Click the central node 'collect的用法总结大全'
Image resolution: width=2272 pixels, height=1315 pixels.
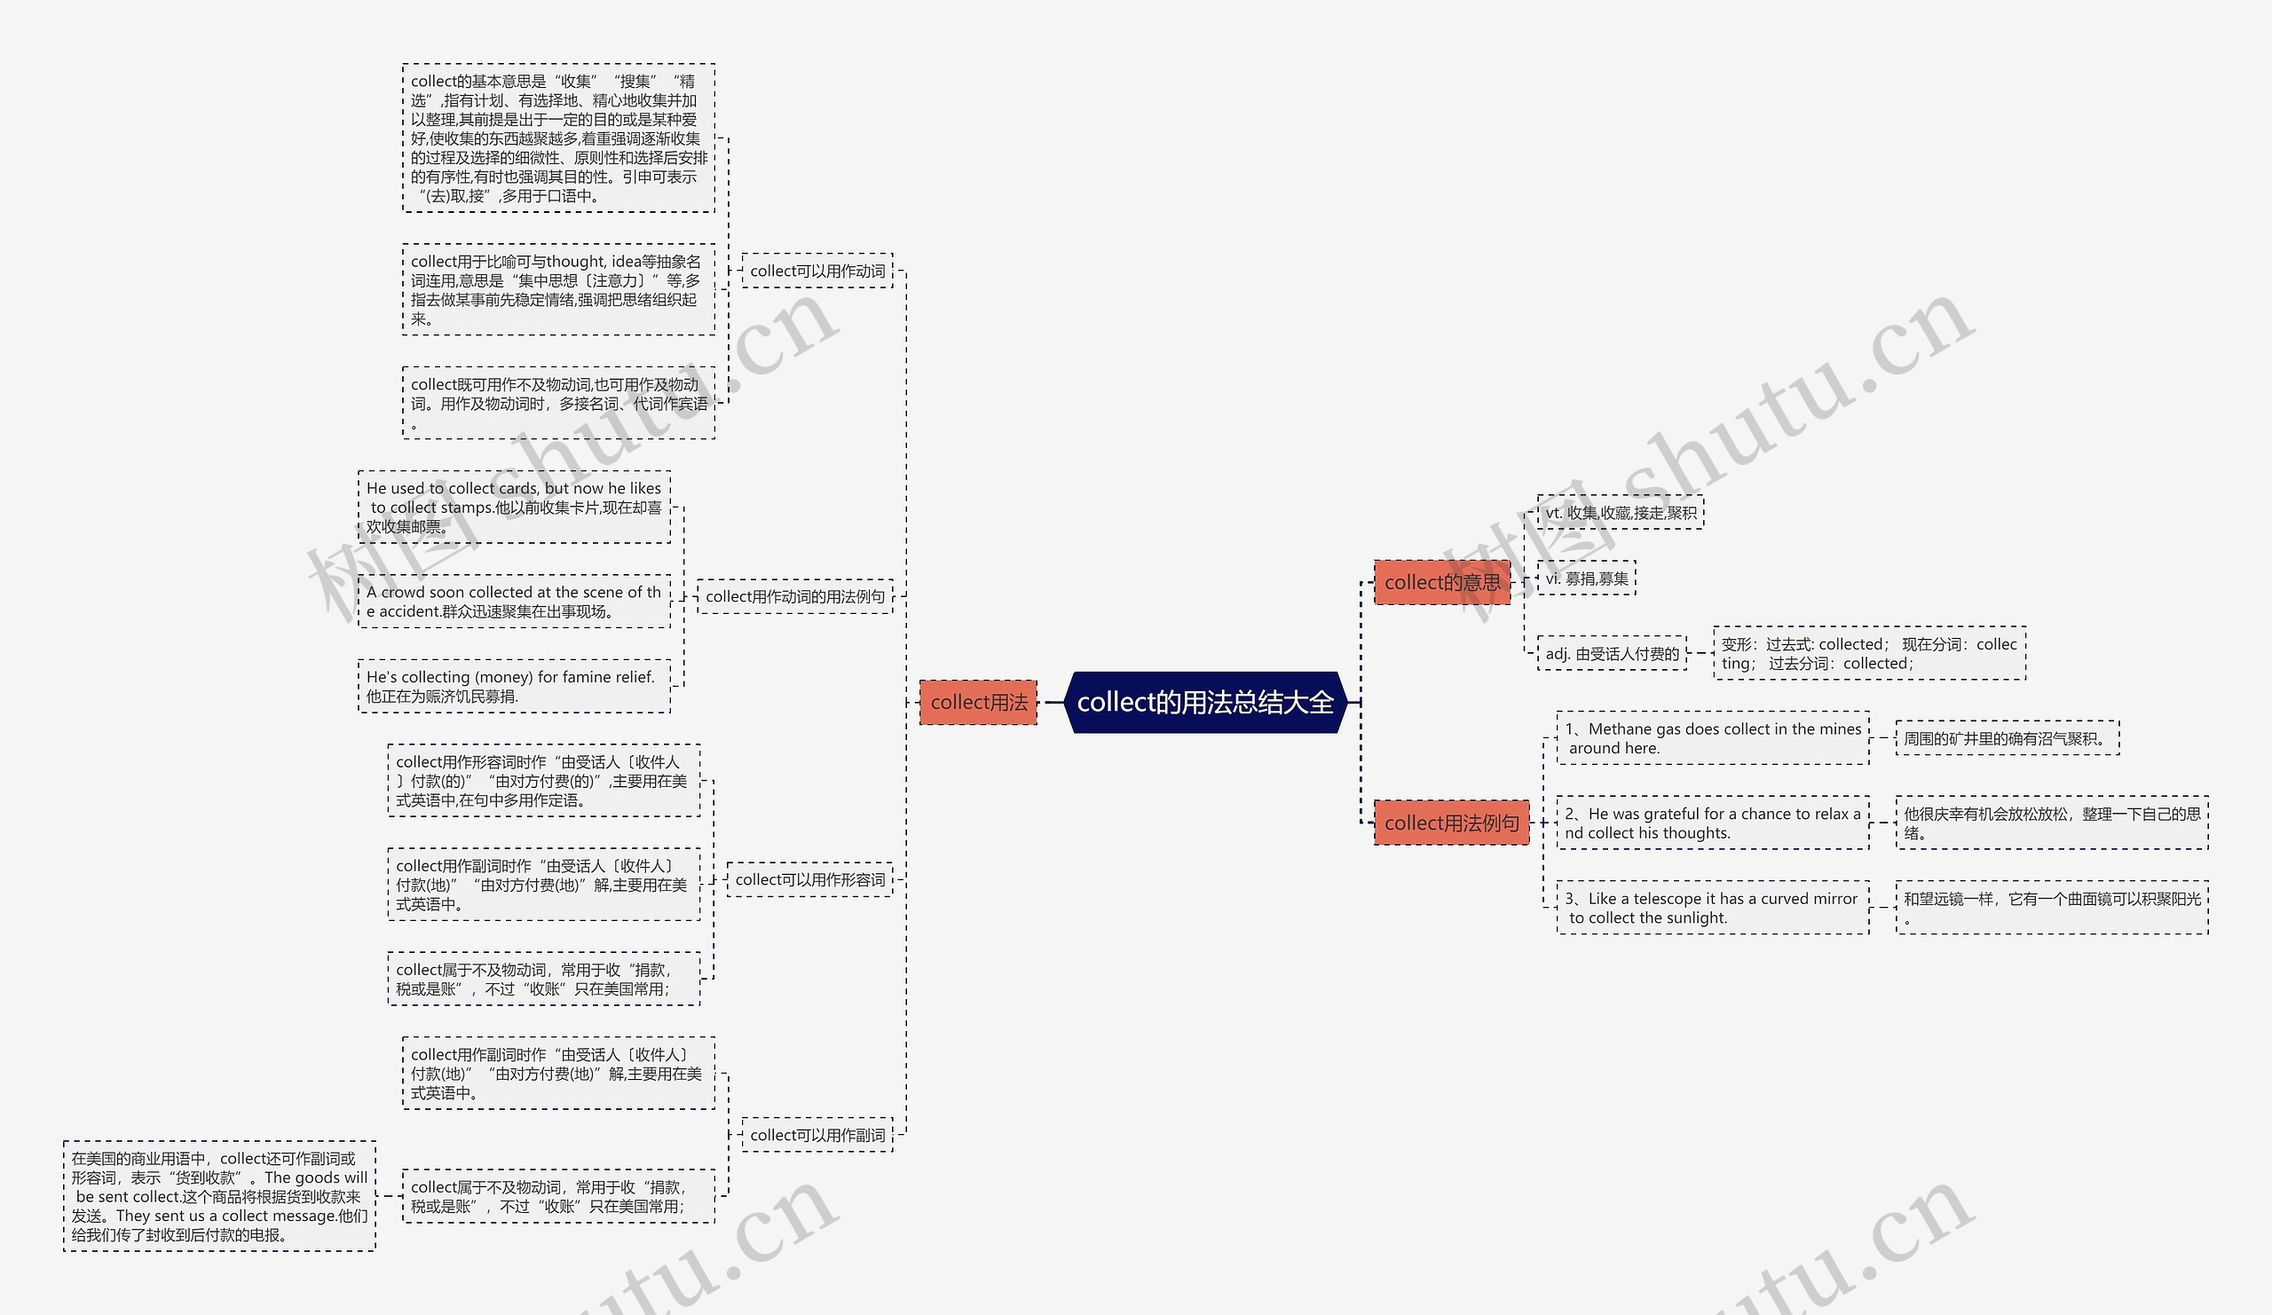pos(1204,702)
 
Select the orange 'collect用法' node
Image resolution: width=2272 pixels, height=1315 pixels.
pos(978,702)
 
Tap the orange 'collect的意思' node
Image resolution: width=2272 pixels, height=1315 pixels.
pos(1441,582)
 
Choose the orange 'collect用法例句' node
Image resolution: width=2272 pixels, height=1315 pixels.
pos(1451,823)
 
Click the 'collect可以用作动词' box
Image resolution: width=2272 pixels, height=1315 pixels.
pos(816,271)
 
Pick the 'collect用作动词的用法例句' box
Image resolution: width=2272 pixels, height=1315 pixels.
pos(794,596)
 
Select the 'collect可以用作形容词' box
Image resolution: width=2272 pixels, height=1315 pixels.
pos(809,879)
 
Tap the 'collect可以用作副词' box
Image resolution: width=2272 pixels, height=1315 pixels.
pos(816,1135)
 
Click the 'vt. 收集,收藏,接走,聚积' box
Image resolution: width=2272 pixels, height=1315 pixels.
pos(1621,513)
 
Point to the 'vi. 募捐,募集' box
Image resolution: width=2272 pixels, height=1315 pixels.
pos(1586,579)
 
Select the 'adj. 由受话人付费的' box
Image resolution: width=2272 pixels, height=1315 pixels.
pos(1612,653)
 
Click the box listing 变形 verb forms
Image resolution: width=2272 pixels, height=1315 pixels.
pos(1869,653)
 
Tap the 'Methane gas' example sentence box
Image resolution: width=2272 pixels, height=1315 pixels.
pos(1712,738)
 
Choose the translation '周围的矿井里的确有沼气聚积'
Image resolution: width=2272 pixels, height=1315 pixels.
pos(2007,738)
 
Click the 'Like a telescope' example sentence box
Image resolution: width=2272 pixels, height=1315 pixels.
pos(1712,908)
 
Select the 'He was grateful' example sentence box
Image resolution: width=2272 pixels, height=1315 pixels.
pos(1712,823)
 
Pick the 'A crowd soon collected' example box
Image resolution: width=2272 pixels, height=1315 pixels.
pos(514,602)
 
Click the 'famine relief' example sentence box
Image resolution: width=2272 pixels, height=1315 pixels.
pos(514,686)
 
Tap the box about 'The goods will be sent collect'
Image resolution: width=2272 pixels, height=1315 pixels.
pos(219,1196)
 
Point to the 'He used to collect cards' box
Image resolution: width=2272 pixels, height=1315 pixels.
pos(514,507)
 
